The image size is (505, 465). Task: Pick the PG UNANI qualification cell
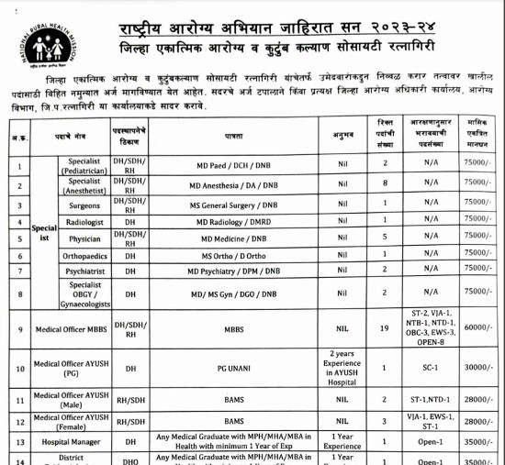(x=233, y=368)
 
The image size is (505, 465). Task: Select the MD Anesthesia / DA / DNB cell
(x=233, y=185)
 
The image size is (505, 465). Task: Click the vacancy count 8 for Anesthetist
(x=385, y=185)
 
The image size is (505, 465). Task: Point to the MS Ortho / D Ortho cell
(x=233, y=256)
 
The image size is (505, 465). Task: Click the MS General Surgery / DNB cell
(x=233, y=205)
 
